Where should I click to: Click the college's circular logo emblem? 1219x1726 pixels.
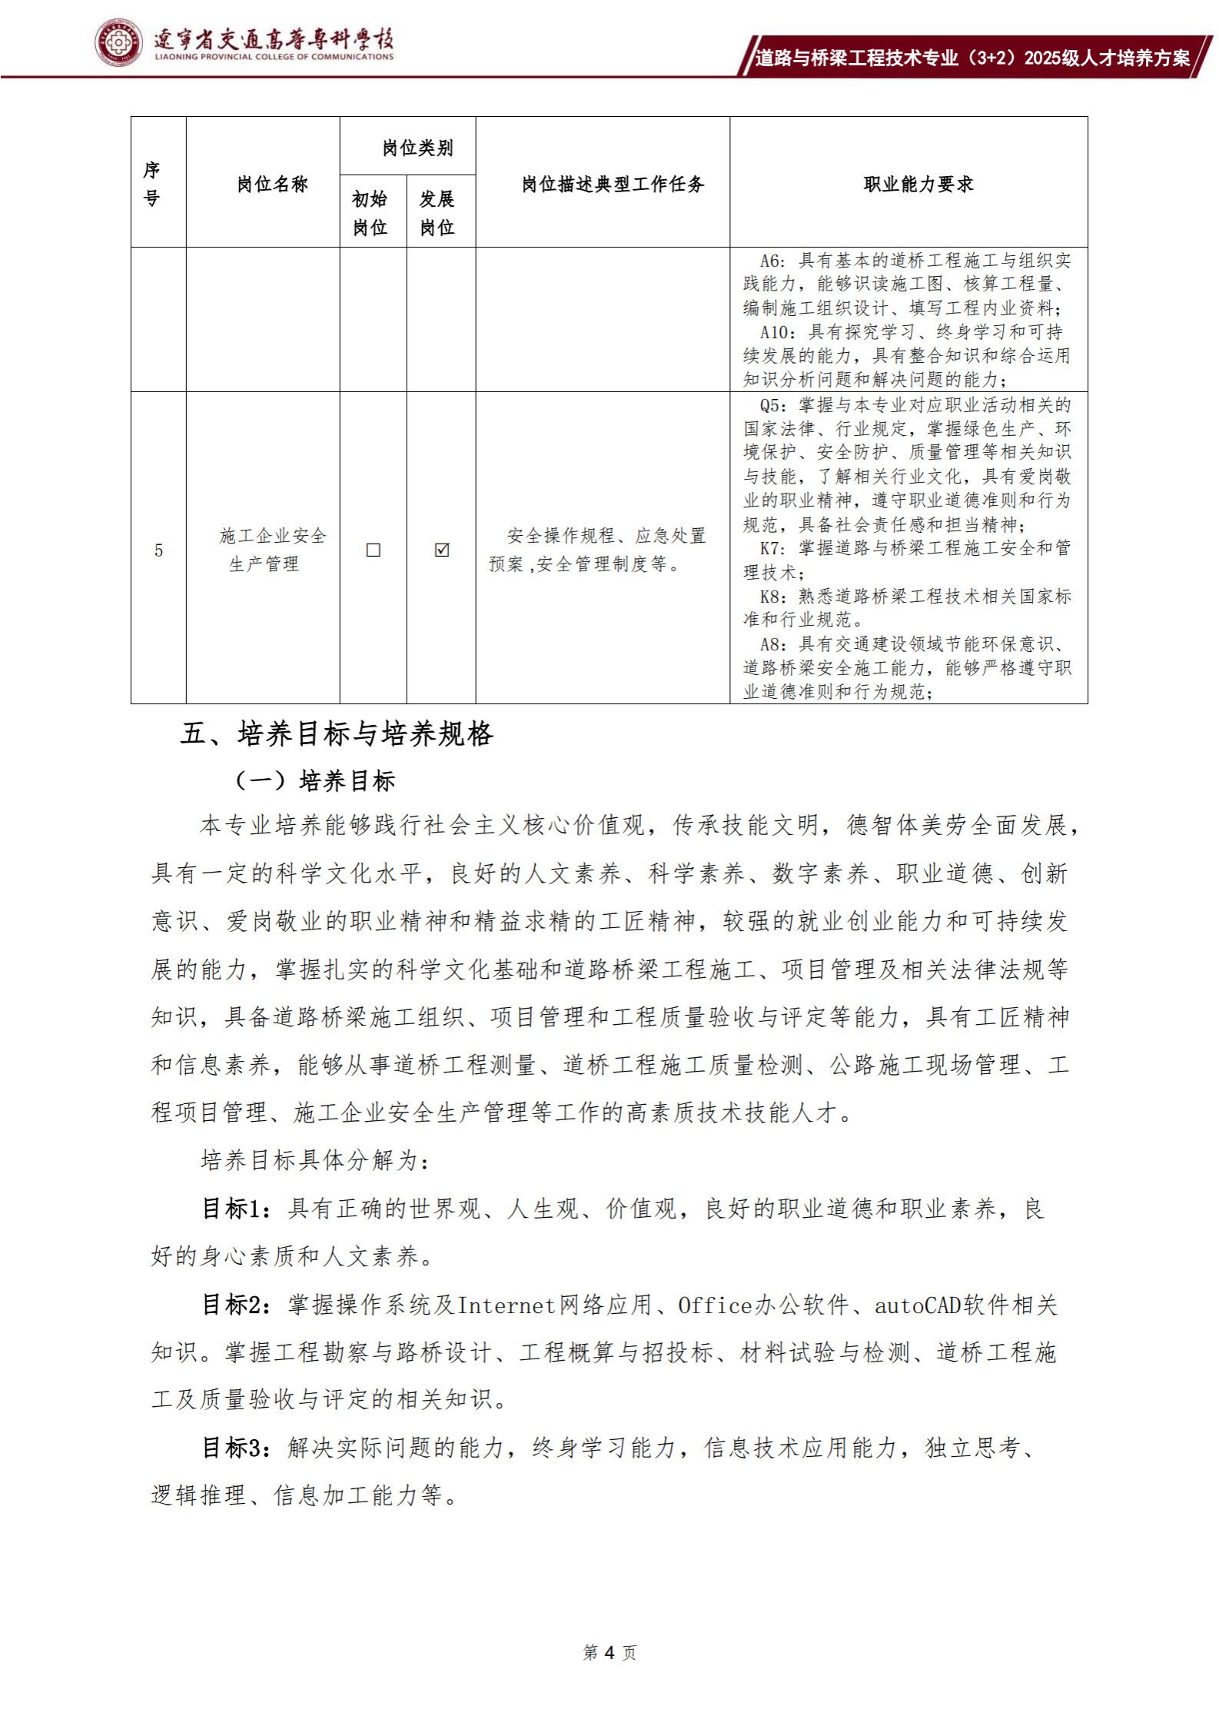118,42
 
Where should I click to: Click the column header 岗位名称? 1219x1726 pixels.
272,184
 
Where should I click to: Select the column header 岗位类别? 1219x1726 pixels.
417,148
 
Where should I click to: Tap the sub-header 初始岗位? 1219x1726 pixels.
370,213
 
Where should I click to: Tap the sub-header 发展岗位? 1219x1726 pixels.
437,213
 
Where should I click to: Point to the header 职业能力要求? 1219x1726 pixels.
918,184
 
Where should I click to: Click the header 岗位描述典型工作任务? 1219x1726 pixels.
613,184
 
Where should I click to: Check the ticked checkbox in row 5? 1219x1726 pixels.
441,550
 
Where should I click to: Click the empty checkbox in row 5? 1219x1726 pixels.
374,550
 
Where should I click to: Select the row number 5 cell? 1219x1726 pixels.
158,550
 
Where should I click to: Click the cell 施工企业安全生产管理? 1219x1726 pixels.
272,549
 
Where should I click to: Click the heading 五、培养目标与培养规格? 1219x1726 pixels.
336,734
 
